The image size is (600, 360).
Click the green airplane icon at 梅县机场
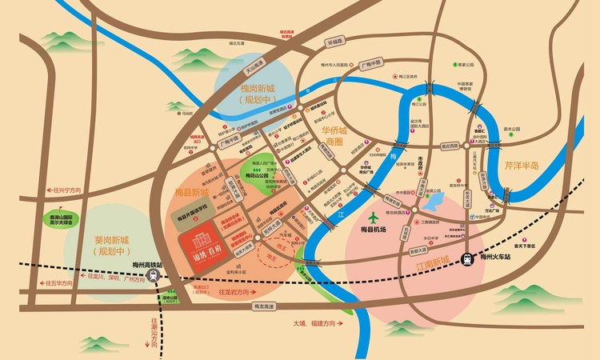374,217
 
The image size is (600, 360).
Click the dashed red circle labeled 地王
275,257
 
